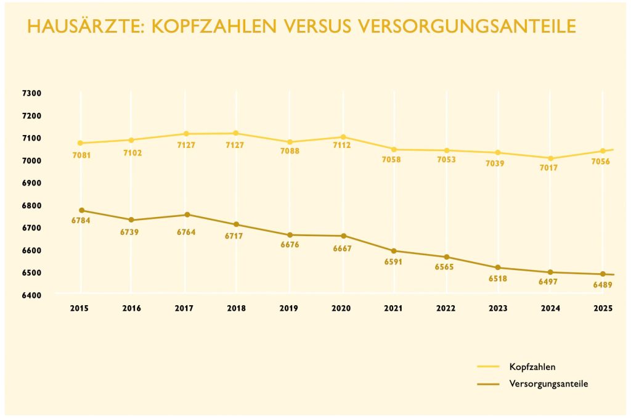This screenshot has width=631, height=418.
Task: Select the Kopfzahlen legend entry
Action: pos(532,367)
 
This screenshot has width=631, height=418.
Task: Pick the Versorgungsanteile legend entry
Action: pos(548,383)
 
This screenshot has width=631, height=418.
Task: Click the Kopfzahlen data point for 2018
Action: pos(235,133)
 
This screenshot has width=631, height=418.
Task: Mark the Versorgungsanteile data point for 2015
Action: pos(81,210)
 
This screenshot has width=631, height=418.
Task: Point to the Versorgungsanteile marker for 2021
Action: pos(394,251)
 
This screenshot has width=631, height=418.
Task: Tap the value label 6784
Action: pos(81,221)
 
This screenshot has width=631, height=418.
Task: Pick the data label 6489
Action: pos(601,285)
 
